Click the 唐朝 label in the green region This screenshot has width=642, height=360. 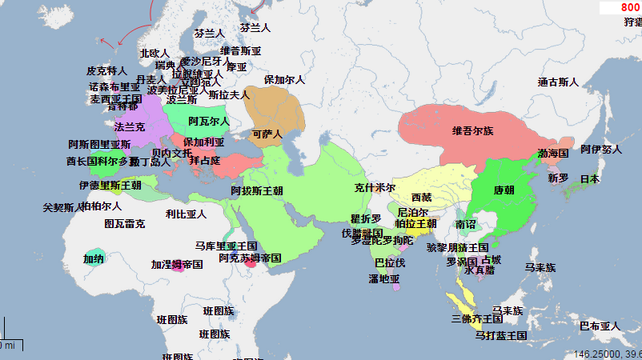click(x=504, y=190)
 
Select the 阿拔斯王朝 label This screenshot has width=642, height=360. click(x=257, y=191)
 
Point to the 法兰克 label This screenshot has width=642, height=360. click(x=130, y=127)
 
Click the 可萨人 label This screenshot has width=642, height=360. click(x=267, y=134)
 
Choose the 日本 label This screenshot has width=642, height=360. click(x=589, y=179)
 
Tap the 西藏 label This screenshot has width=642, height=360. click(x=421, y=197)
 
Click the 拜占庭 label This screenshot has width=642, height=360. click(x=204, y=161)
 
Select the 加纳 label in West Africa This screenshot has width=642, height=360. click(x=94, y=258)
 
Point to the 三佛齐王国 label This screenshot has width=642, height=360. click(x=477, y=319)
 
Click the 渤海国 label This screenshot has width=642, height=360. click(x=552, y=153)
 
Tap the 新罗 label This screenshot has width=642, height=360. click(x=558, y=178)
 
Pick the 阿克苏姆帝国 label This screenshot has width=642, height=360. click(x=250, y=258)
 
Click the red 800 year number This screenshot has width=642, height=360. click(x=630, y=7)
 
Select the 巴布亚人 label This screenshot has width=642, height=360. click(x=600, y=326)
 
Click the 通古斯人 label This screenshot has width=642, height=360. click(x=558, y=82)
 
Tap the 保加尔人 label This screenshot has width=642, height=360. click(x=284, y=80)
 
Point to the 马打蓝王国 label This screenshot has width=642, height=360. click(x=500, y=335)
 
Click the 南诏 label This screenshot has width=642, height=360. click(x=465, y=225)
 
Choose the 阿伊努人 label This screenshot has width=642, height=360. click(x=601, y=150)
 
